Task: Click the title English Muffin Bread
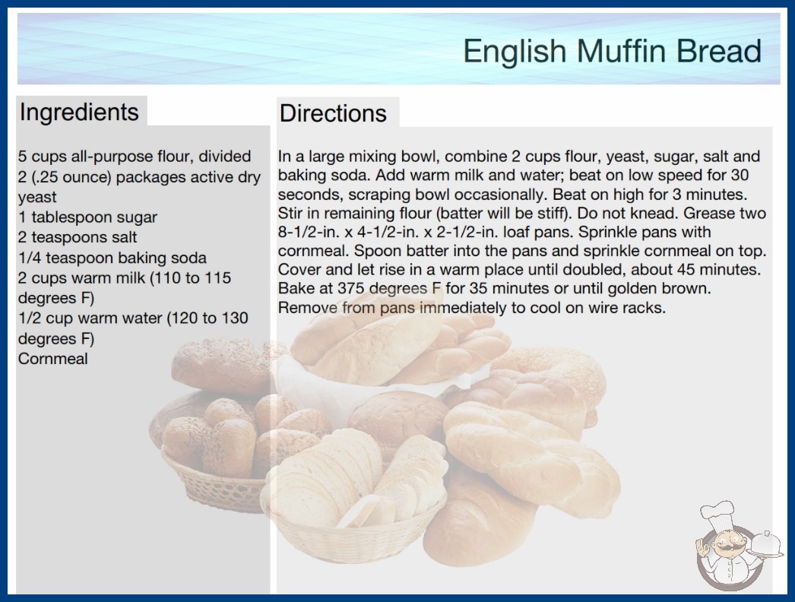(612, 51)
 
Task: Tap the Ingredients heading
(79, 112)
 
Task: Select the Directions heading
(333, 113)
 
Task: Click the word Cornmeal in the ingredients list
(53, 359)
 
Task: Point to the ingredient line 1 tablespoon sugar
(87, 217)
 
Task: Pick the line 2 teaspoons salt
(78, 237)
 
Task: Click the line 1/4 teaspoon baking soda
(112, 258)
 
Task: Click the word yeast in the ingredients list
(37, 198)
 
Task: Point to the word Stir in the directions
(290, 213)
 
